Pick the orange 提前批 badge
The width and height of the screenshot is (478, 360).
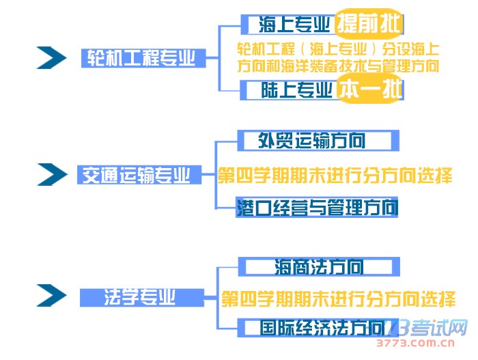[369, 25]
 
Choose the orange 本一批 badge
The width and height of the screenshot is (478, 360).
[369, 90]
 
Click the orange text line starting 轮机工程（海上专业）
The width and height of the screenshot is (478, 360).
[338, 50]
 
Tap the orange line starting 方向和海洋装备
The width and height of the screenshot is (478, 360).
[338, 67]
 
